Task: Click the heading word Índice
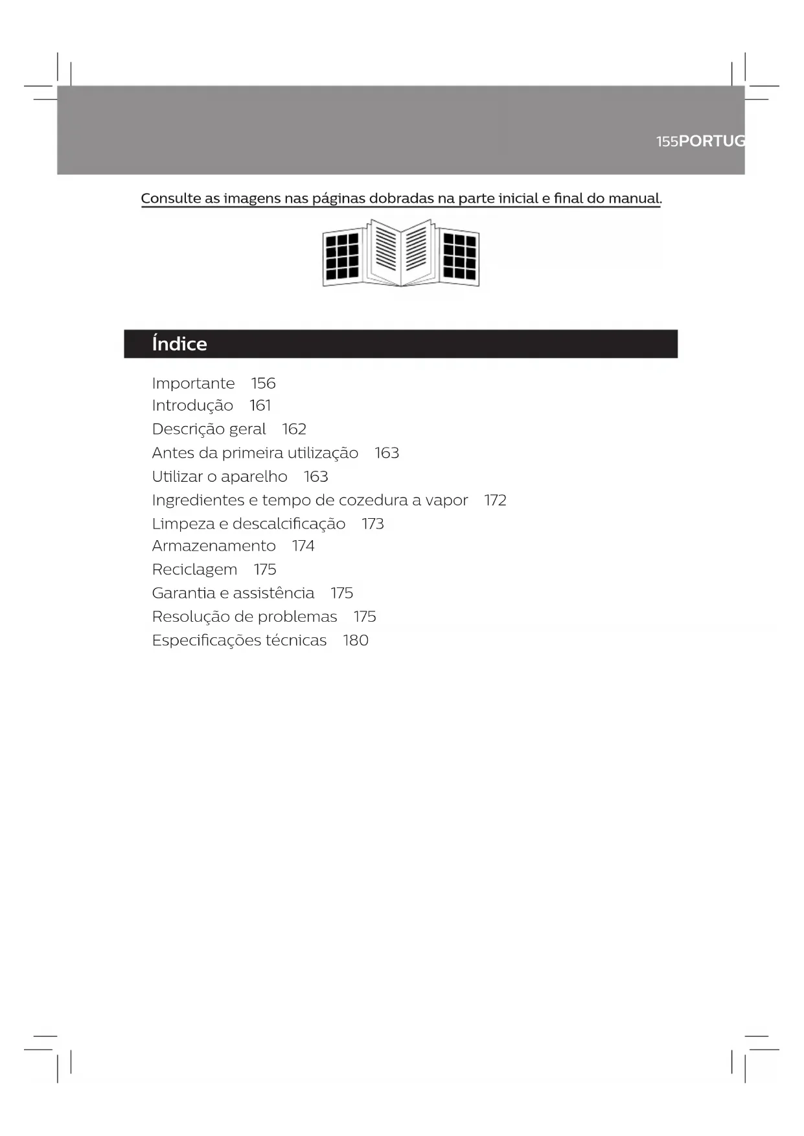pyautogui.click(x=179, y=343)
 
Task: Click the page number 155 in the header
pyautogui.click(x=667, y=141)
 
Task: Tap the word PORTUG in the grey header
pyautogui.click(x=712, y=141)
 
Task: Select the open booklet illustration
pyautogui.click(x=401, y=253)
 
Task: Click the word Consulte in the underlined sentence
pyautogui.click(x=171, y=198)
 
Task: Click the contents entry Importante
pyautogui.click(x=193, y=383)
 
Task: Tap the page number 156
pyautogui.click(x=263, y=383)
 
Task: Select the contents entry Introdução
pyautogui.click(x=192, y=406)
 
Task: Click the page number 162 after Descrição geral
pyautogui.click(x=294, y=429)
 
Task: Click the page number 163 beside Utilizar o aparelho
pyautogui.click(x=316, y=477)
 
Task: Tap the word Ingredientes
pyautogui.click(x=198, y=500)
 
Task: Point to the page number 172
pyautogui.click(x=495, y=500)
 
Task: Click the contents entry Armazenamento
pyautogui.click(x=214, y=546)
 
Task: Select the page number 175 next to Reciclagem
pyautogui.click(x=265, y=569)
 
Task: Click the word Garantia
pyautogui.click(x=183, y=593)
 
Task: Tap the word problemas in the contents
pyautogui.click(x=297, y=617)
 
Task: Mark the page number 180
pyautogui.click(x=356, y=641)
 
